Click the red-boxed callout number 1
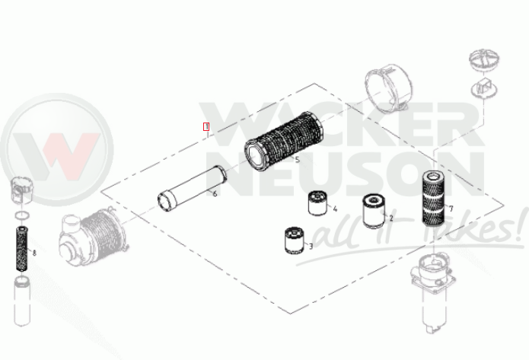(x=206, y=127)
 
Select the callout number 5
(x=297, y=159)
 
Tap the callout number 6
(x=215, y=193)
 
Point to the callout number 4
(x=335, y=209)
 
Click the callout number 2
(x=391, y=218)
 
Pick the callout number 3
(x=311, y=247)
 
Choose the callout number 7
(x=451, y=209)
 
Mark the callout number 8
(x=34, y=253)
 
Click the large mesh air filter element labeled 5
(x=282, y=141)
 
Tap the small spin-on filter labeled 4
(x=317, y=203)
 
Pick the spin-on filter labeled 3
(x=295, y=241)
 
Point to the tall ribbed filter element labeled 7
(x=434, y=197)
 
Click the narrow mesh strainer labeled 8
(x=22, y=250)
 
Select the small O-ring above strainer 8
(x=22, y=215)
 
